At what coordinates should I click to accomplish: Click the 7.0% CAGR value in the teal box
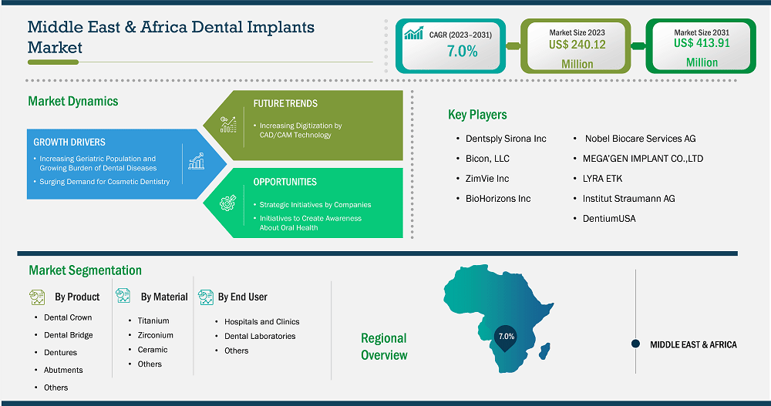(x=462, y=51)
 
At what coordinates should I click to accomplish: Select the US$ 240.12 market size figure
(x=577, y=45)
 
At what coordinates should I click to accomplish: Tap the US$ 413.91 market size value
(x=702, y=43)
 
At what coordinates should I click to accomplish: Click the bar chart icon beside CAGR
(x=413, y=33)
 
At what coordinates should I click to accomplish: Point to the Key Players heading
(x=477, y=115)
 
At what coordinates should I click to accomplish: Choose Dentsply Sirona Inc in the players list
(x=506, y=139)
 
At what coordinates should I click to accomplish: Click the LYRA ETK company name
(x=602, y=179)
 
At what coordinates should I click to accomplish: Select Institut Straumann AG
(x=629, y=199)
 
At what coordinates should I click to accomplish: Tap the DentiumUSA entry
(x=609, y=219)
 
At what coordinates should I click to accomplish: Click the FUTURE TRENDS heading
(x=285, y=104)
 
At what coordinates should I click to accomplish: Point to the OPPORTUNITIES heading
(x=284, y=182)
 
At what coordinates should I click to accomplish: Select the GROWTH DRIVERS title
(x=69, y=142)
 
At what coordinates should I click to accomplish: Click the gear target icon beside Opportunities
(x=227, y=203)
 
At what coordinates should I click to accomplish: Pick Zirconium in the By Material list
(x=156, y=335)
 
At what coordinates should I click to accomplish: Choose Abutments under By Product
(x=63, y=370)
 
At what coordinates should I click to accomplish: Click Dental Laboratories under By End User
(x=260, y=336)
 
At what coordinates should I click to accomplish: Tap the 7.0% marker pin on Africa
(x=506, y=338)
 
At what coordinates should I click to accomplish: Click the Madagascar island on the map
(x=545, y=351)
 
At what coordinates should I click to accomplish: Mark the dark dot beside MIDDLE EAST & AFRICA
(x=635, y=344)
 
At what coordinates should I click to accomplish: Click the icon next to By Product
(x=37, y=297)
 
